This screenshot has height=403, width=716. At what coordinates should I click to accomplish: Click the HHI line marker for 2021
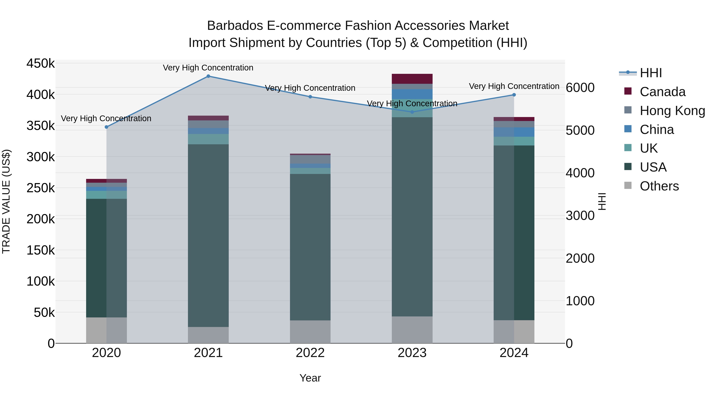coord(208,76)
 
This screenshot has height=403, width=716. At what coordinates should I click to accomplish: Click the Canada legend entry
coord(662,92)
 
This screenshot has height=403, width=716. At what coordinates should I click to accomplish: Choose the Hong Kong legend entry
coord(672,111)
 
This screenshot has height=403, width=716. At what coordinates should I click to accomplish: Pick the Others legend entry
coord(659,186)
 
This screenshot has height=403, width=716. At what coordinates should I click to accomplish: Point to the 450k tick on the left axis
coord(41,63)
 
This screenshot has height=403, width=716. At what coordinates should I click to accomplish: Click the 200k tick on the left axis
coord(41,219)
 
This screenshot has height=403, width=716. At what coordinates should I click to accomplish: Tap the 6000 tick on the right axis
coord(580,88)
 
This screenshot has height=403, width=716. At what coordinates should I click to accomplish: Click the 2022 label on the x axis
coord(310,353)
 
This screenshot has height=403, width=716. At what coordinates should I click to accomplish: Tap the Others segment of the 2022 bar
coord(310,332)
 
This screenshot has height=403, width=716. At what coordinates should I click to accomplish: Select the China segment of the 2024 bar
coord(514,132)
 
